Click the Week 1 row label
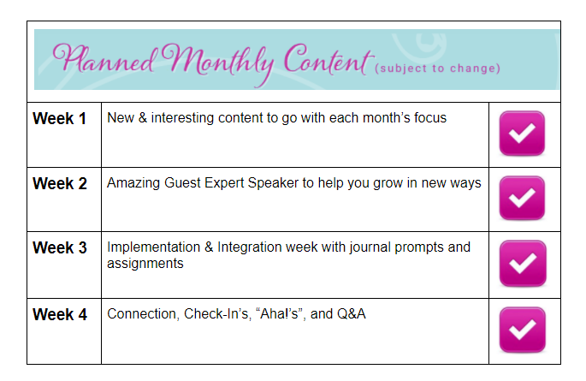click(x=59, y=118)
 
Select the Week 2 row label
click(x=60, y=183)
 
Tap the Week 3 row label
click(x=60, y=247)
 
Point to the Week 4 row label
click(x=60, y=314)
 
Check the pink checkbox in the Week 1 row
click(x=522, y=133)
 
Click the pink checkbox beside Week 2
click(x=522, y=198)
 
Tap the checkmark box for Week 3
click(x=523, y=263)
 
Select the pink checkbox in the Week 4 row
click(x=523, y=330)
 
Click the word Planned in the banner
click(x=104, y=59)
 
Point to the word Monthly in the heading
click(x=221, y=62)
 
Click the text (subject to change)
click(x=438, y=68)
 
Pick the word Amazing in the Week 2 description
click(x=133, y=183)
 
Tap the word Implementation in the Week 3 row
click(x=154, y=247)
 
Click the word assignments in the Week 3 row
click(x=145, y=264)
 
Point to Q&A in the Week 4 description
click(x=352, y=314)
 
